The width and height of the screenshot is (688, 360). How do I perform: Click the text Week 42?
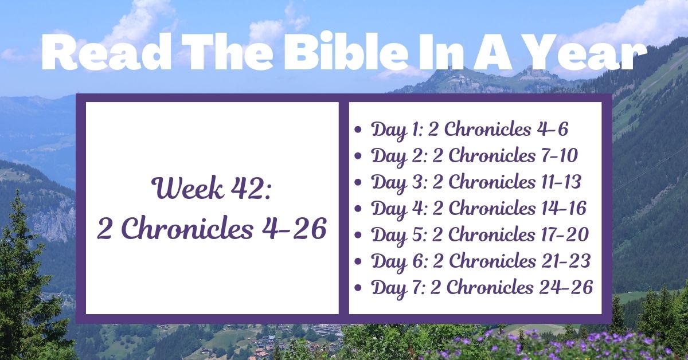click(212, 189)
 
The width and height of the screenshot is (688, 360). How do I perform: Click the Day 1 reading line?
click(470, 130)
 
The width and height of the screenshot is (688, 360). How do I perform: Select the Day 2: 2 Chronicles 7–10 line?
click(474, 156)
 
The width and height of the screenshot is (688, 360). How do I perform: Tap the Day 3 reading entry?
click(476, 182)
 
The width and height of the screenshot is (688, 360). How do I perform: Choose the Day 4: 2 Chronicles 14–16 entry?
click(479, 209)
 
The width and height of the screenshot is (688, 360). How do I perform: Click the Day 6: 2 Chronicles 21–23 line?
click(481, 261)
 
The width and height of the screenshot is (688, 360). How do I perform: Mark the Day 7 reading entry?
click(482, 288)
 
